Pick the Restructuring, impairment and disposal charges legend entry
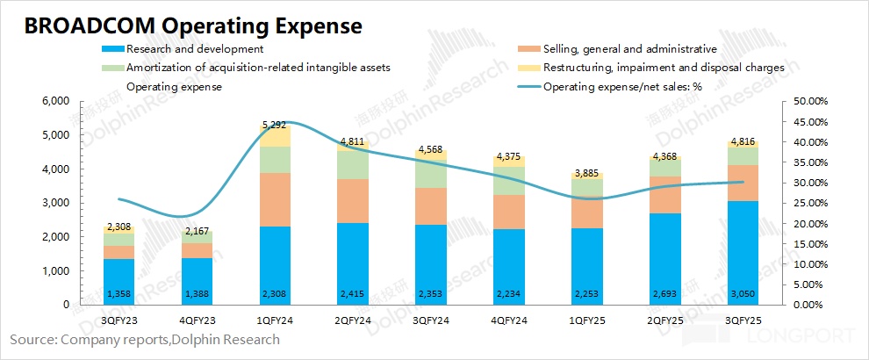658,68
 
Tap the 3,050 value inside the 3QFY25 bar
742,293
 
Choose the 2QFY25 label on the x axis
664,320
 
